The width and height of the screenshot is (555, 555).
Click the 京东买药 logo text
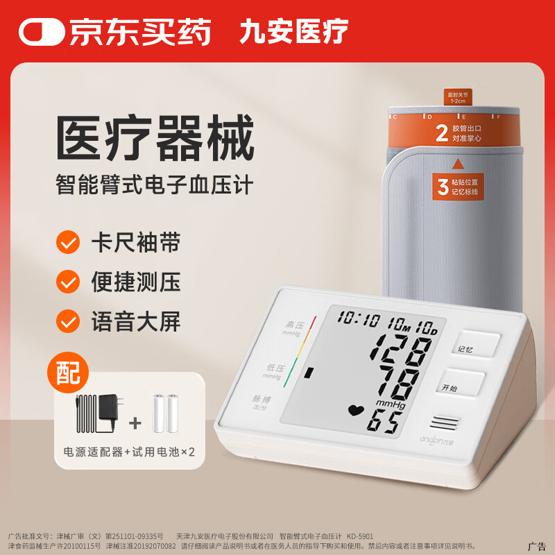tap(139, 31)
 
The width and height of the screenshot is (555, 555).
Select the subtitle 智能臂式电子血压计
tap(155, 185)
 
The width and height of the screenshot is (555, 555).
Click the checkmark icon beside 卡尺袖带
tap(68, 243)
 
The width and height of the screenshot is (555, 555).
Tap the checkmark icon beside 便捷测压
tap(68, 282)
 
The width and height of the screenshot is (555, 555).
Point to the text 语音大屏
tap(135, 321)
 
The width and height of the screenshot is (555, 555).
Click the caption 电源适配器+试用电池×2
tap(130, 451)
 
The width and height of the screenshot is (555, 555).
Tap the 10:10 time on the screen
tap(359, 321)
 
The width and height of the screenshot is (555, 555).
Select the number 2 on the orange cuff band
tap(441, 134)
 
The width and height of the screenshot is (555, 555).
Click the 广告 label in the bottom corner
tap(538, 546)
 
